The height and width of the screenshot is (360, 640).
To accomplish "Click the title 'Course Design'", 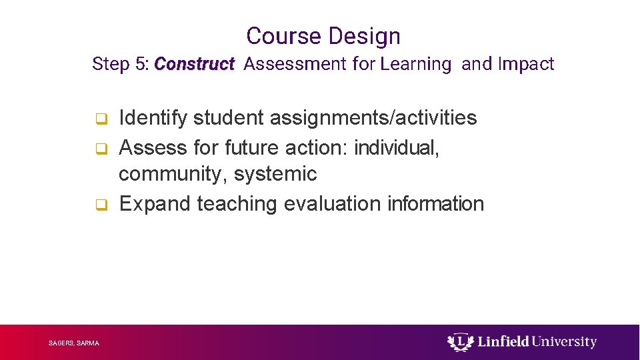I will (x=323, y=36).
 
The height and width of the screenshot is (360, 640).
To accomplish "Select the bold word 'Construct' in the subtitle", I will (x=194, y=64).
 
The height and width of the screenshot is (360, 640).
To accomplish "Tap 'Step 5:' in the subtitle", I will (x=121, y=64).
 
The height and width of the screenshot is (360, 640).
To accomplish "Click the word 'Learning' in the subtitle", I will (x=415, y=64).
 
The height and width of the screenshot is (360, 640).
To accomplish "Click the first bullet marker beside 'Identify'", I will (x=100, y=119).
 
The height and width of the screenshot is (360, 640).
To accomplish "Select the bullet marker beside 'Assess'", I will (x=100, y=148).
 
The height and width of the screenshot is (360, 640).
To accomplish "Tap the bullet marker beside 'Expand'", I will (x=100, y=205).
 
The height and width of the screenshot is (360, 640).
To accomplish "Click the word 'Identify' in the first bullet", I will (x=153, y=118).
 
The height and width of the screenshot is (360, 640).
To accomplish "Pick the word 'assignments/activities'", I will (x=373, y=118).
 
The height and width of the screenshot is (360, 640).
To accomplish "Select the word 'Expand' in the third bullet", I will (x=155, y=203).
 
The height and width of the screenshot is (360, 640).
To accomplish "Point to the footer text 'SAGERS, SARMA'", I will (x=74, y=343).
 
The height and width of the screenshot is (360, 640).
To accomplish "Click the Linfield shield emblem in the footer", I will (x=459, y=342).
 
